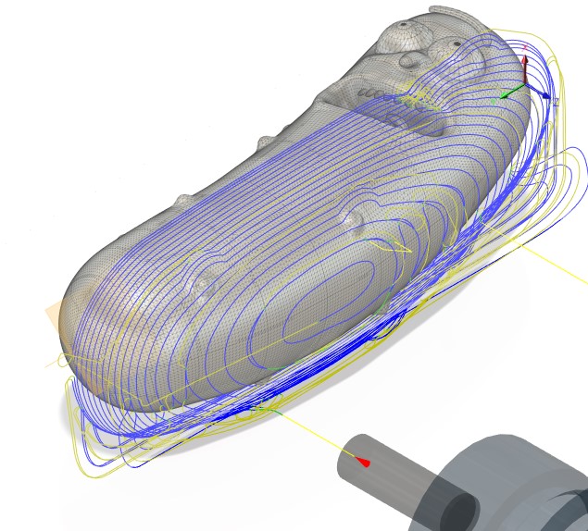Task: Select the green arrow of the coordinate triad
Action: tap(507, 93)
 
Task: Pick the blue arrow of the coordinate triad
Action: tap(544, 94)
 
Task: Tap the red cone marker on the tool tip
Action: tap(363, 461)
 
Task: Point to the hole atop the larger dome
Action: tap(404, 24)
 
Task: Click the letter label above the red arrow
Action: tap(525, 45)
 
